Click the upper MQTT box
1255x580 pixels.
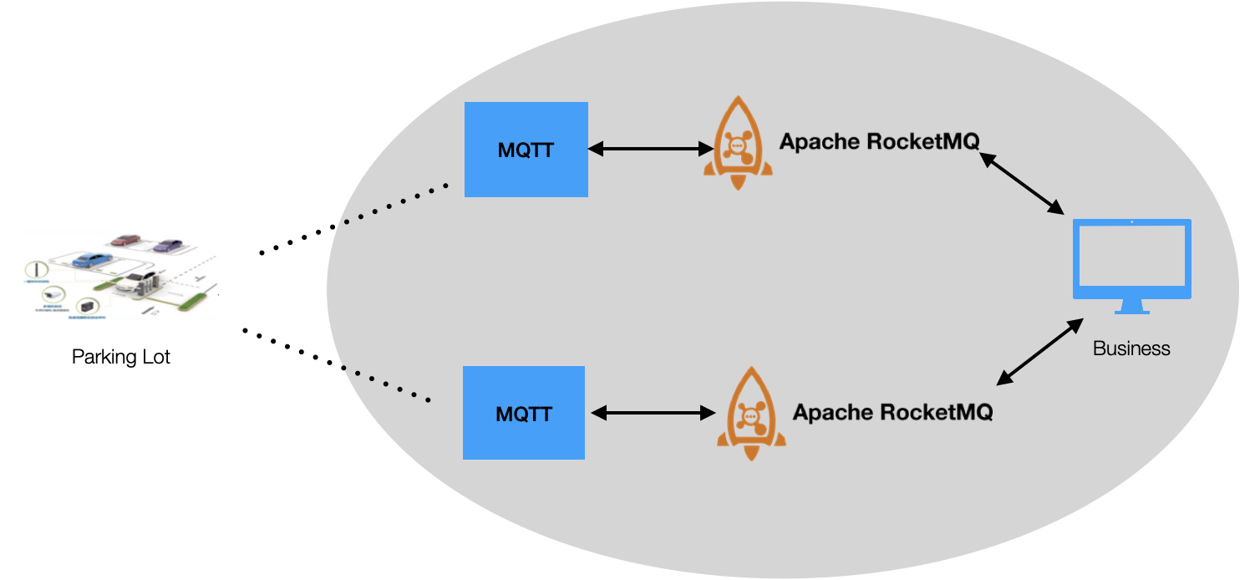click(x=526, y=150)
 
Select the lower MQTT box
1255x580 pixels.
click(x=523, y=413)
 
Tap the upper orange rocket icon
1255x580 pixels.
click(x=737, y=143)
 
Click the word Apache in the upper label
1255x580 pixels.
click(x=819, y=142)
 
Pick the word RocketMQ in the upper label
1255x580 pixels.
click(x=922, y=142)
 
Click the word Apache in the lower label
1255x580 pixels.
click(x=832, y=413)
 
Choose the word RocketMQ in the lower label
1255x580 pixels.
click(x=936, y=413)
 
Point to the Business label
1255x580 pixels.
click(x=1131, y=349)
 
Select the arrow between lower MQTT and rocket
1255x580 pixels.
click(x=653, y=413)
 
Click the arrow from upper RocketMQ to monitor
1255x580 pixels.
click(x=1020, y=182)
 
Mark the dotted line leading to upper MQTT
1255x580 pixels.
click(x=397, y=204)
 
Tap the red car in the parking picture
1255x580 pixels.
click(x=126, y=241)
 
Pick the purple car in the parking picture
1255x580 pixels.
click(x=167, y=246)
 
